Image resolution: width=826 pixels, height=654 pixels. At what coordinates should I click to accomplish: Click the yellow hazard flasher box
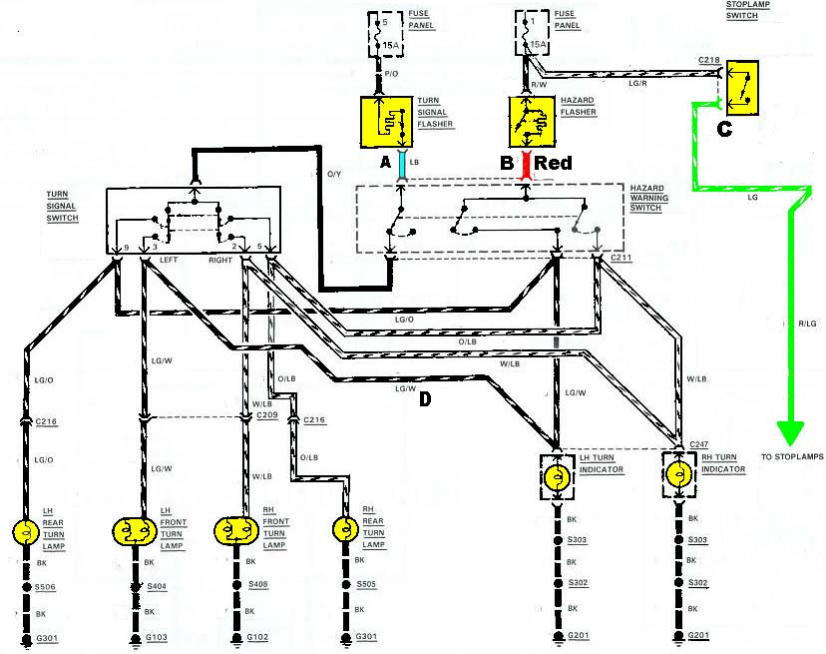pyautogui.click(x=531, y=121)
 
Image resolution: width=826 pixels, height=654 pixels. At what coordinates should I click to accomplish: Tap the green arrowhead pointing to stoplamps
pyautogui.click(x=790, y=432)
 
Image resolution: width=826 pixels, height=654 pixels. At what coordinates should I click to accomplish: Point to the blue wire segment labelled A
pyautogui.click(x=401, y=164)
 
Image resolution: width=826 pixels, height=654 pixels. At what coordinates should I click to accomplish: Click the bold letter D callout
pyautogui.click(x=424, y=400)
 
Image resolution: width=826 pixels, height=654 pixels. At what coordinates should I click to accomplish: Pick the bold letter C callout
pyautogui.click(x=725, y=128)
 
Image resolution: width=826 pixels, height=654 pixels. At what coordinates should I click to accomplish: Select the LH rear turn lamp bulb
pyautogui.click(x=25, y=530)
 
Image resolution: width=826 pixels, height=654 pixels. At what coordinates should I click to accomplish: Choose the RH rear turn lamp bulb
pyautogui.click(x=344, y=530)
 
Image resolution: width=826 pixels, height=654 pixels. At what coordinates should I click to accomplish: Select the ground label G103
pyautogui.click(x=158, y=636)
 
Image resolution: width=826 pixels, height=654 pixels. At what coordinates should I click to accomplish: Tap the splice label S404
pyautogui.click(x=158, y=586)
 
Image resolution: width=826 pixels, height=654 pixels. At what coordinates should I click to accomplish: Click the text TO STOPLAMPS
pyautogui.click(x=792, y=456)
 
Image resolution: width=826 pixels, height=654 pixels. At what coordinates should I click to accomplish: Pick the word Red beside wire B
pyautogui.click(x=554, y=163)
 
